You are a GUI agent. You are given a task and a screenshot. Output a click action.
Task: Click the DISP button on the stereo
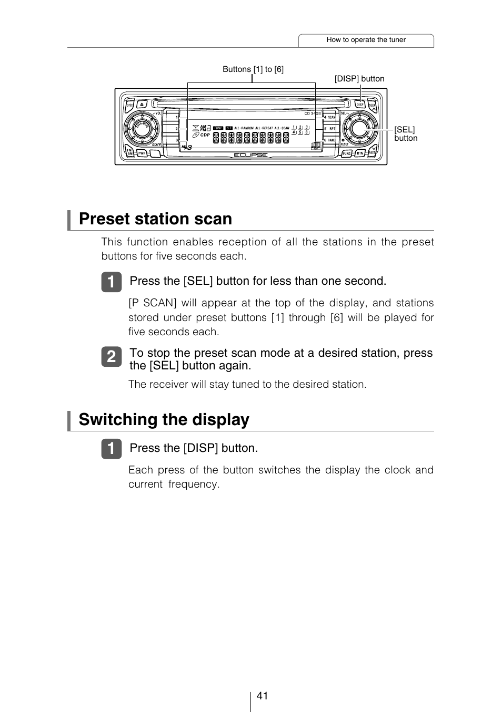(360, 105)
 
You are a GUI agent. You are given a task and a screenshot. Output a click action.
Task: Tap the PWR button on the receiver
(142, 154)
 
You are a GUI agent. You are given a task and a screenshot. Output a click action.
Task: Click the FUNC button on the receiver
(347, 153)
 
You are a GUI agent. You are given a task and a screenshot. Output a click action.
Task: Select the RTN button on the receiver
(359, 153)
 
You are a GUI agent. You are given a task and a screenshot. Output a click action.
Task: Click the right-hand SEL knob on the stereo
(359, 128)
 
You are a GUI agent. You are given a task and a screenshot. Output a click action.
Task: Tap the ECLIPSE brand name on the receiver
(250, 155)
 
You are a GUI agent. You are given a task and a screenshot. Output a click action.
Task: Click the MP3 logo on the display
(186, 148)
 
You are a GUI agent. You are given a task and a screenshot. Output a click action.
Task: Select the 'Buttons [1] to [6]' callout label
(253, 69)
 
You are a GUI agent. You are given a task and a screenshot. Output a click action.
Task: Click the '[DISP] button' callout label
(359, 79)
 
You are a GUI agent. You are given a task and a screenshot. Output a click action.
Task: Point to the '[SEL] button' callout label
(405, 133)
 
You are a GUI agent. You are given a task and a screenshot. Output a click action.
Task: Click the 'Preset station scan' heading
(155, 219)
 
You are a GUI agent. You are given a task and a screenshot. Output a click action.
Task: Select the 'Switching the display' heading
(164, 420)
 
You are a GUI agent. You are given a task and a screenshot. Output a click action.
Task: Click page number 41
(262, 696)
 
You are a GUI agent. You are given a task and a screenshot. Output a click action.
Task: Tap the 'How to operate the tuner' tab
(366, 40)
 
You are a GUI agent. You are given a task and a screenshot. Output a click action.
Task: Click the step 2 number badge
(111, 357)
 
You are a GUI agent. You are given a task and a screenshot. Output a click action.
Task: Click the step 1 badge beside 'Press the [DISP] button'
(111, 449)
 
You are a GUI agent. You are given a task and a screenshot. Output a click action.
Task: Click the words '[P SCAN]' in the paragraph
(152, 303)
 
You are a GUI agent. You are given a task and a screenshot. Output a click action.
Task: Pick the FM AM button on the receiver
(129, 152)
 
